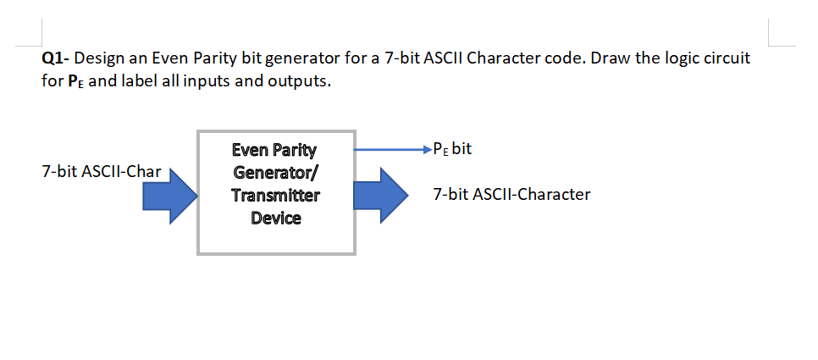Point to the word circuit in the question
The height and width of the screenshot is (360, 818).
720,61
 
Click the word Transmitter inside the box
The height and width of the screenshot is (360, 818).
276,196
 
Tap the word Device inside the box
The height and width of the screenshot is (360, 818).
276,219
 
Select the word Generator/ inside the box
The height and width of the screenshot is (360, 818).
276,173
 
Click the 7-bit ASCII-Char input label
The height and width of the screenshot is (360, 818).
101,172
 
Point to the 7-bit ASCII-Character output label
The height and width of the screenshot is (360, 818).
511,195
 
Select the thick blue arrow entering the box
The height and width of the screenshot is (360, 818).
169,197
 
